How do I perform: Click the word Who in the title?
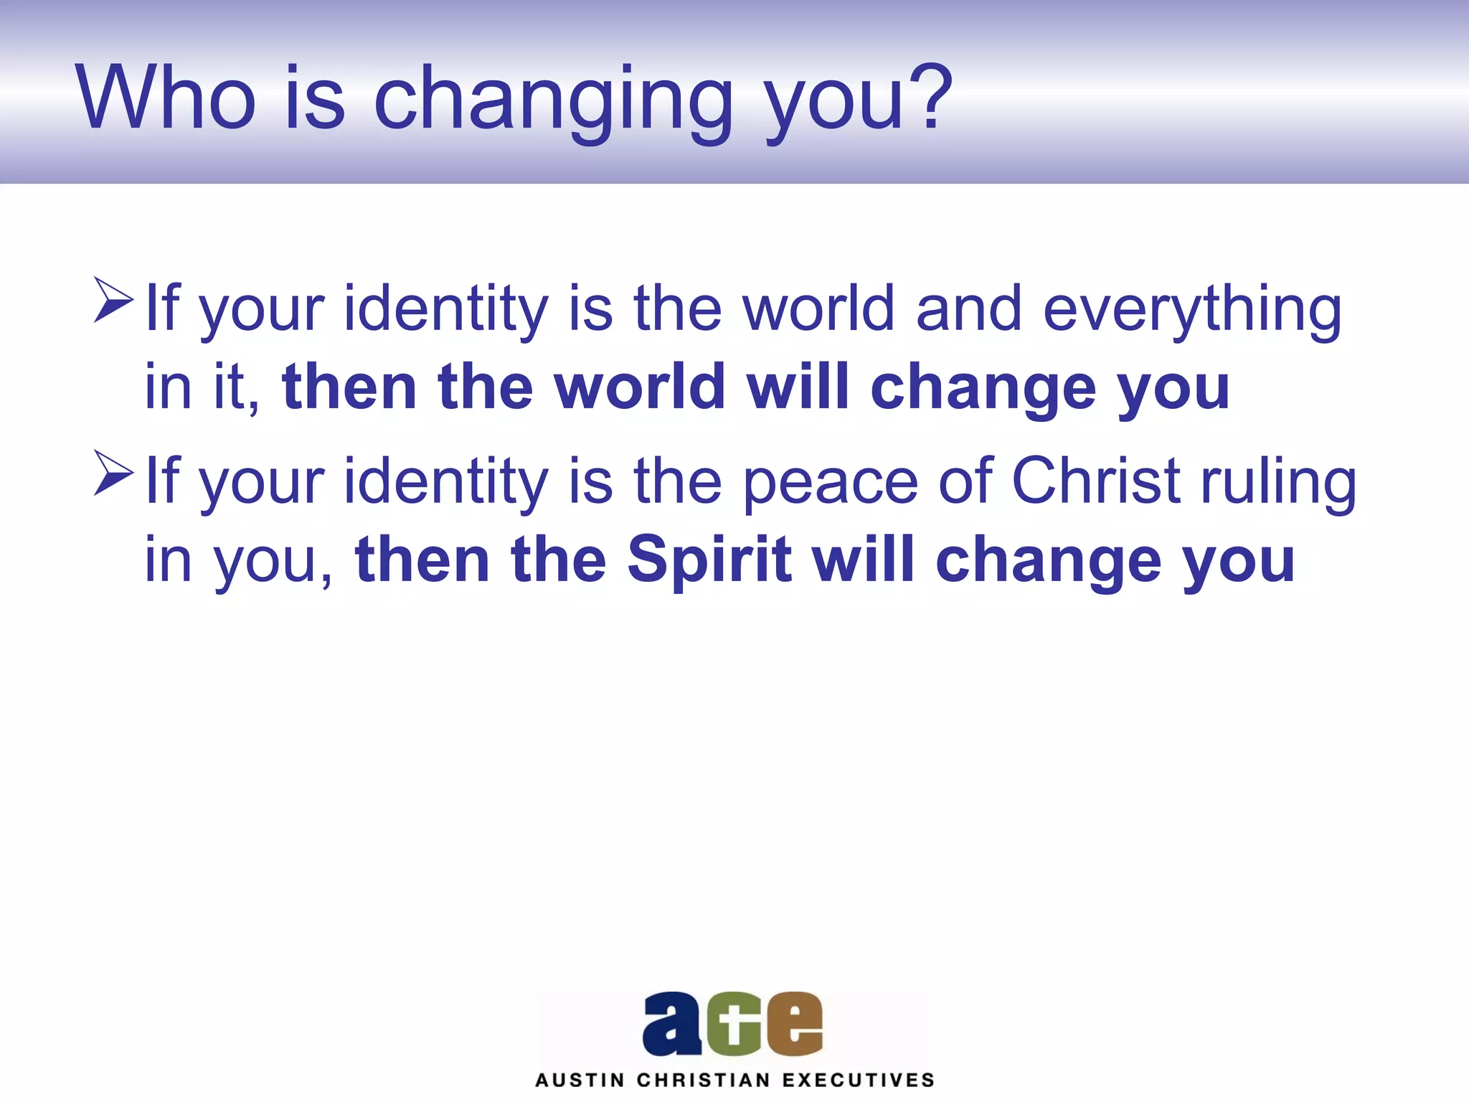166,98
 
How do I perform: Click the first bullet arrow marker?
113,301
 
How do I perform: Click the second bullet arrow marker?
113,473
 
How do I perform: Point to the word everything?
1191,310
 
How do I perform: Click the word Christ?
1095,480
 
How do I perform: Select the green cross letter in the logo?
733,1024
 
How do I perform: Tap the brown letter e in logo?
794,1024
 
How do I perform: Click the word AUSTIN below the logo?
580,1080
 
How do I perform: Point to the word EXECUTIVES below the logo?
858,1080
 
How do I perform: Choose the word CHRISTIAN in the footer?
703,1080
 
